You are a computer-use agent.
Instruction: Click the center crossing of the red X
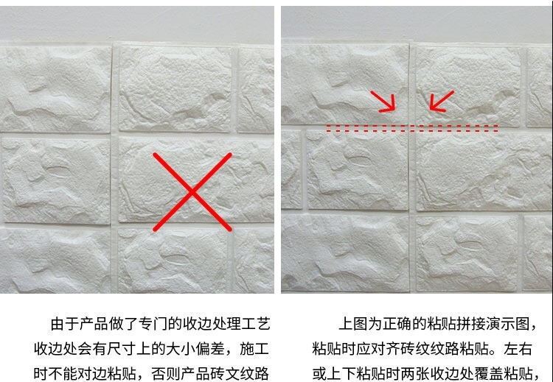(x=192, y=192)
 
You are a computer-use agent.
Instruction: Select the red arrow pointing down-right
(x=383, y=102)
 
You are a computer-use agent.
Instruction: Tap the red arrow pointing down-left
(x=442, y=101)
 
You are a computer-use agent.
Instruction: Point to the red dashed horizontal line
(x=412, y=128)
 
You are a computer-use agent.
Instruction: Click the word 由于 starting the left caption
(x=65, y=324)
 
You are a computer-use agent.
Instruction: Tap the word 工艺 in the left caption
(x=256, y=324)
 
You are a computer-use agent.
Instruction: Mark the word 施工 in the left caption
(x=254, y=349)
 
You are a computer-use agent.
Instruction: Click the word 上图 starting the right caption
(x=353, y=324)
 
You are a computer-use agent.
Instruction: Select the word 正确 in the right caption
(x=397, y=324)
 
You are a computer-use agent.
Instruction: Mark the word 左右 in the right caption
(x=518, y=349)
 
